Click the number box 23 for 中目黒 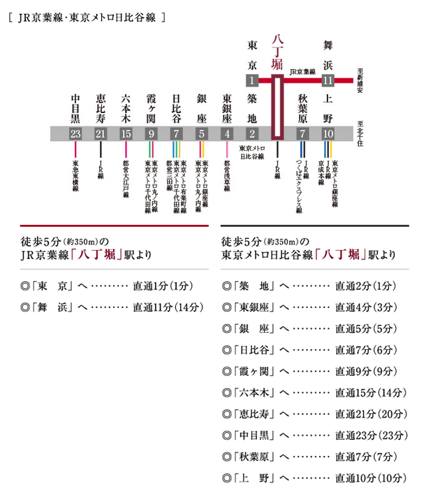pos(76,133)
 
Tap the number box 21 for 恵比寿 pos(101,133)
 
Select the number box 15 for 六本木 pos(126,133)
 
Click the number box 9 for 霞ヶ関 pos(151,133)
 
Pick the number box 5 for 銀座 pos(201,133)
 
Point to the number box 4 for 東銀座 pos(226,133)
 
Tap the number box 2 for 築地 pos(252,133)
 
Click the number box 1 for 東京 pos(252,80)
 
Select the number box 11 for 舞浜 pos(328,80)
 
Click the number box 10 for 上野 pos(328,133)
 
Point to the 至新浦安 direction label pos(361,82)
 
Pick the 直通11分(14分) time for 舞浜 pos(167,306)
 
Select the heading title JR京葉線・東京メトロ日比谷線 pos(87,16)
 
